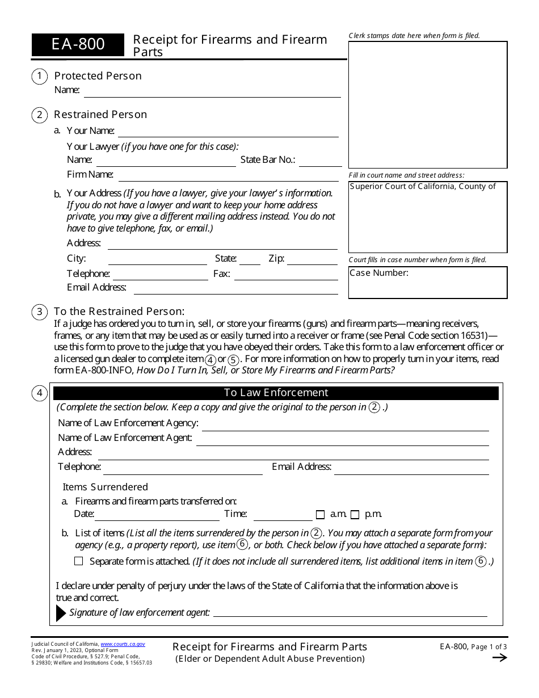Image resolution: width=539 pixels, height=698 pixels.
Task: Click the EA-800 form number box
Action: pyautogui.click(x=78, y=44)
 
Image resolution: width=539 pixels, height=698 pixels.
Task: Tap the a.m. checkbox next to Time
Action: pyautogui.click(x=320, y=515)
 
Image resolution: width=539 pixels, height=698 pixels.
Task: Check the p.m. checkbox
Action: pyautogui.click(x=355, y=515)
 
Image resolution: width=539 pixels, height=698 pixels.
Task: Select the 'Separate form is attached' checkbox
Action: pyautogui.click(x=79, y=561)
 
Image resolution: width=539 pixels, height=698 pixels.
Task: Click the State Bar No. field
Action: pyautogui.click(x=318, y=161)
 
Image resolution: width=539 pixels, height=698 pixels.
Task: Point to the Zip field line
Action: pyautogui.click(x=312, y=260)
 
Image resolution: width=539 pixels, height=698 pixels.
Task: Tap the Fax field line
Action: pyautogui.click(x=285, y=275)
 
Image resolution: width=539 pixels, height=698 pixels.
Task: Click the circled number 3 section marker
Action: pyautogui.click(x=39, y=312)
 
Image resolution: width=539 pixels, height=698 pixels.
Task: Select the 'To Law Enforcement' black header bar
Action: pyautogui.click(x=276, y=393)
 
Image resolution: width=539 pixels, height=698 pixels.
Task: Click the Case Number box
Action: pyautogui.click(x=428, y=283)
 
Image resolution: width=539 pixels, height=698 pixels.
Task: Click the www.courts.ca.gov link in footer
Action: pyautogui.click(x=123, y=645)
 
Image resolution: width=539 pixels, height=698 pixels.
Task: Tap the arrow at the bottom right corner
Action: pyautogui.click(x=499, y=658)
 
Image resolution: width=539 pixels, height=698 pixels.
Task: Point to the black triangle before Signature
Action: pyautogui.click(x=61, y=613)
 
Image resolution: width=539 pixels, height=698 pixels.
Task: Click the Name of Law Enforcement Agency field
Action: pyautogui.click(x=345, y=424)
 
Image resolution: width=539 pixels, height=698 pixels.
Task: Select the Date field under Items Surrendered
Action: pyautogui.click(x=157, y=515)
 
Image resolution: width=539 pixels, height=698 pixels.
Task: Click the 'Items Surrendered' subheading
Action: pyautogui.click(x=105, y=487)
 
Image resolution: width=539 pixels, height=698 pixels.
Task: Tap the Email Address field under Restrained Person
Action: pyautogui.click(x=235, y=288)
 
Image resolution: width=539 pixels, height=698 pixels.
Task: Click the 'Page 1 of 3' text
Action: pyautogui.click(x=489, y=646)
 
